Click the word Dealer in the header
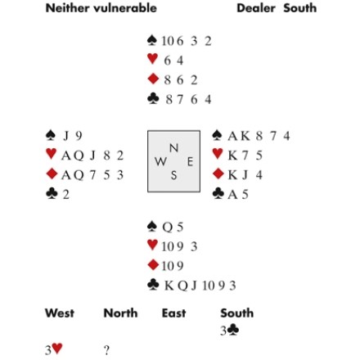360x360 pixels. pos(256,8)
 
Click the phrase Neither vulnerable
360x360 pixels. pos(101,8)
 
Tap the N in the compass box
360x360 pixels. pos(173,148)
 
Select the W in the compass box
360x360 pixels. pos(160,162)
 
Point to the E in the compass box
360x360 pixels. pos(190,162)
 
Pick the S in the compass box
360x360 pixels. pos(173,175)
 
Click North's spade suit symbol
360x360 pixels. pos(152,40)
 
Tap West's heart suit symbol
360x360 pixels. pos(52,154)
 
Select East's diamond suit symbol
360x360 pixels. pos(218,173)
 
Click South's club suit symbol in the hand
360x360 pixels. pos(153,285)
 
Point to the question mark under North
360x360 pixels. pos(106,350)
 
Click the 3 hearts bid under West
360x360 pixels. pos(54,349)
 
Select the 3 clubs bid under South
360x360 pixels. pos(230,331)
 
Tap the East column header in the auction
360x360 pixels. pos(173,313)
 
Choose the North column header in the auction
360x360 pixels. pos(120,313)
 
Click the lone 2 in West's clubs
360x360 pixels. pos(66,195)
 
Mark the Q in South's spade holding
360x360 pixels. pos(167,227)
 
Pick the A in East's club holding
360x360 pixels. pos(232,195)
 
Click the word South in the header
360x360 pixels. pos(300,8)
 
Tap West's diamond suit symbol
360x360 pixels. pos(52,173)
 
